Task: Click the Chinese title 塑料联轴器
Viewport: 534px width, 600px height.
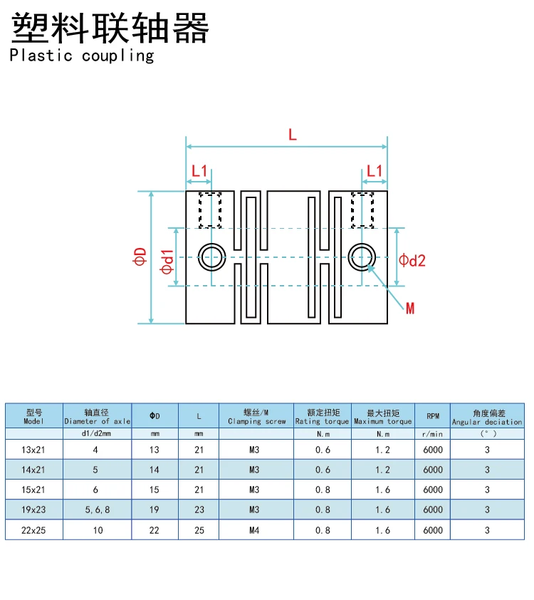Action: (110, 28)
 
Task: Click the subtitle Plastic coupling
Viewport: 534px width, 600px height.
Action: (82, 56)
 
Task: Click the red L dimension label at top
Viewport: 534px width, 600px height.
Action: (293, 134)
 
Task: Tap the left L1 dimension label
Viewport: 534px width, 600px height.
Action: (200, 171)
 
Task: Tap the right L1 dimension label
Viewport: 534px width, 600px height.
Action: (374, 171)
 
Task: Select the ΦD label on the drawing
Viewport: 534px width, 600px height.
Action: (140, 257)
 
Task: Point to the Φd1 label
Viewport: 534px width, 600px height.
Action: (167, 262)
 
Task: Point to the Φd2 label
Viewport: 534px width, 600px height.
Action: (412, 261)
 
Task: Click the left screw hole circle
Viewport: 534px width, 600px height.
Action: (211, 257)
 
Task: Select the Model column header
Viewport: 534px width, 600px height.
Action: (34, 416)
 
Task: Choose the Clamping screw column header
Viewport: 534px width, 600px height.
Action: (256, 416)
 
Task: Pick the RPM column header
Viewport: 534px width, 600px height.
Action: (432, 416)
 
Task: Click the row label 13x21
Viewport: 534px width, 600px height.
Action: (34, 450)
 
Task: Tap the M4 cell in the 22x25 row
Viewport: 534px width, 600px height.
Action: (254, 530)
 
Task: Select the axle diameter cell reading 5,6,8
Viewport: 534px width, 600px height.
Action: (98, 510)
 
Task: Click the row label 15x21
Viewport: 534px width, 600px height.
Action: (34, 490)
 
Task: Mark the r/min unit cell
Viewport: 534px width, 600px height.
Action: (432, 433)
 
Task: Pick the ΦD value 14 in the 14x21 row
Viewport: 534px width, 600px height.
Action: (155, 470)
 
